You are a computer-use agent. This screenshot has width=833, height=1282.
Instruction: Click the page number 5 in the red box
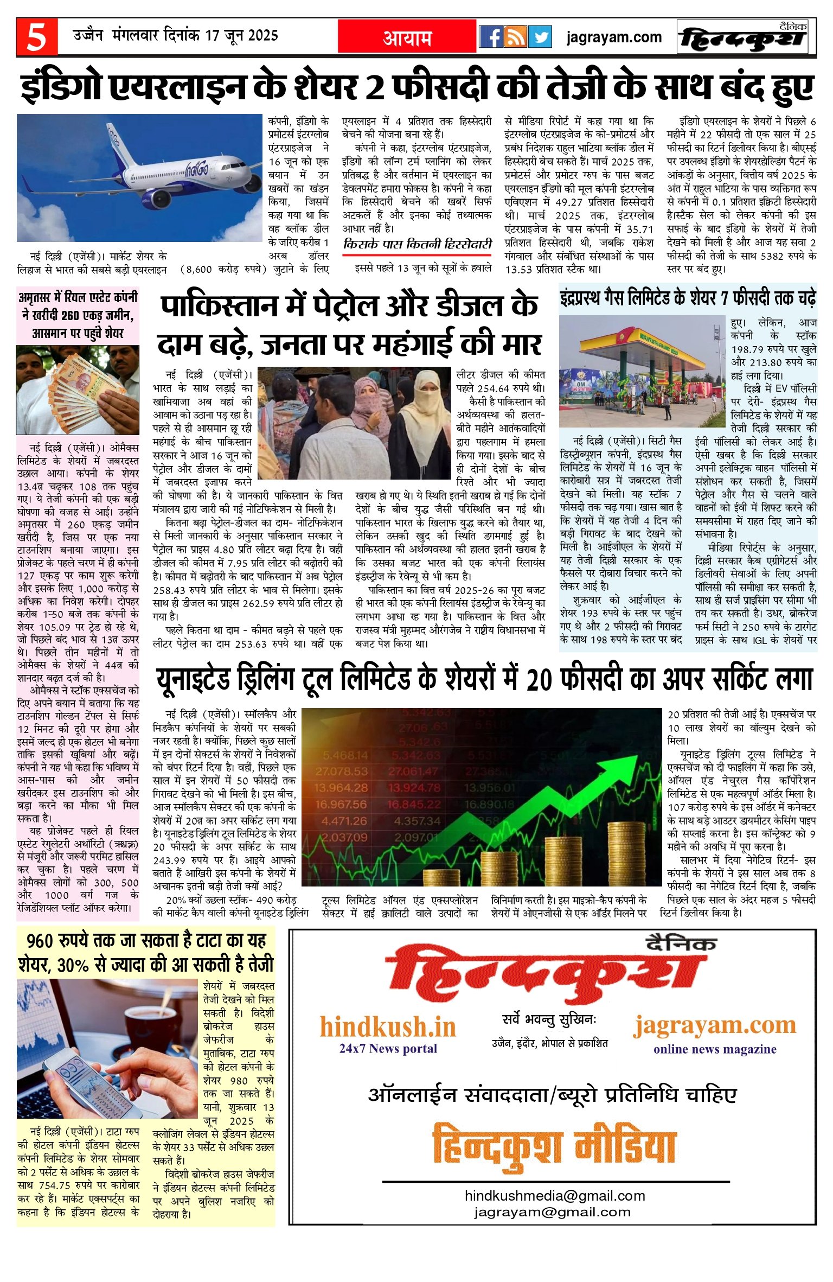pos(36,37)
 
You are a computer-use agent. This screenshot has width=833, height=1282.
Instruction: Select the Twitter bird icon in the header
pos(540,37)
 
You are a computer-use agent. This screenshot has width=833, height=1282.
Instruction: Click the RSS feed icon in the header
pos(516,37)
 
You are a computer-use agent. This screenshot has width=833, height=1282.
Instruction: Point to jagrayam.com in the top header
pos(614,37)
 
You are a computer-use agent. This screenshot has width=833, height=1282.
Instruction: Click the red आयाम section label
pos(407,37)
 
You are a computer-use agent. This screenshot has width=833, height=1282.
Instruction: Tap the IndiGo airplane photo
pos(139,177)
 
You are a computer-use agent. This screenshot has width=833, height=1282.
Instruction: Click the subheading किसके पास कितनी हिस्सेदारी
pos(418,245)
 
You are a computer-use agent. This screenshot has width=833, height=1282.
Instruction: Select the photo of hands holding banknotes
pos(78,390)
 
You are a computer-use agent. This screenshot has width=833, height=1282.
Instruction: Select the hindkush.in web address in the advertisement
pos(388,1027)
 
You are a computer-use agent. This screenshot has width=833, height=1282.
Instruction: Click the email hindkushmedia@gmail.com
pos(555,1196)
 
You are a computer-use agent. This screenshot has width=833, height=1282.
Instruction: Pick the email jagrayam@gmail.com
pos(552,1211)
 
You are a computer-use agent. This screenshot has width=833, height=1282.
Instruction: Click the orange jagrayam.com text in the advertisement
pos(714,1025)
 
